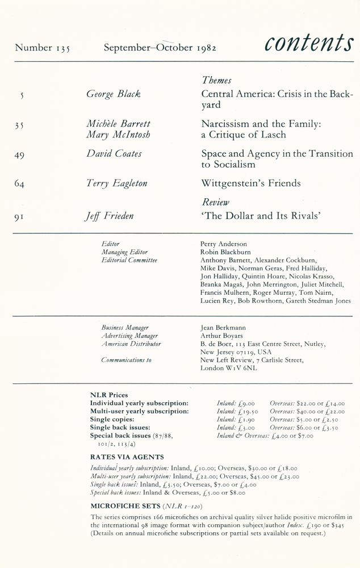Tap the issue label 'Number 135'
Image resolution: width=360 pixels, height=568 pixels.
point(43,48)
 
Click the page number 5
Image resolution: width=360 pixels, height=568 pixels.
point(22,95)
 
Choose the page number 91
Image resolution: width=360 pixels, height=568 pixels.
point(19,216)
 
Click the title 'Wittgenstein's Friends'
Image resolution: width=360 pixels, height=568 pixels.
point(251,183)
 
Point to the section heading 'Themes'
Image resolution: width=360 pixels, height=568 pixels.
point(216,81)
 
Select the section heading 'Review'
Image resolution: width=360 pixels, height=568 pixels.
point(215,202)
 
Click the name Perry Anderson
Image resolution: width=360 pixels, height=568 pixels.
point(224,244)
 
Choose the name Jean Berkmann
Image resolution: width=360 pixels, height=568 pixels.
point(221,328)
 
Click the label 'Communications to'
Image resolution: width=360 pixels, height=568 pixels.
point(126,360)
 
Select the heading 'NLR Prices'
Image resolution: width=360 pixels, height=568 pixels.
point(109,395)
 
